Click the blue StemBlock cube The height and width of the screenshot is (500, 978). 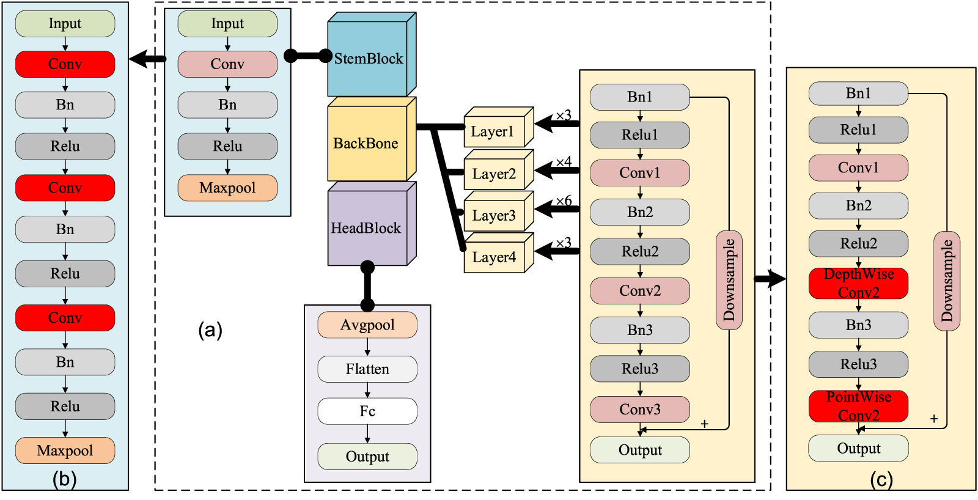(x=368, y=59)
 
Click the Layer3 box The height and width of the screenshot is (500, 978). (x=494, y=216)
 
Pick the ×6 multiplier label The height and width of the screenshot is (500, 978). (x=564, y=201)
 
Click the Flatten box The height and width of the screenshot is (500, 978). (x=367, y=369)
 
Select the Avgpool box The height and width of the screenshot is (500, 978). (x=367, y=325)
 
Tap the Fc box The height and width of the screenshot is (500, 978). (x=367, y=411)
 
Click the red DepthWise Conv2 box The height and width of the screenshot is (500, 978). (x=858, y=283)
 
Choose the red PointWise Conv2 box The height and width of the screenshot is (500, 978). (x=858, y=406)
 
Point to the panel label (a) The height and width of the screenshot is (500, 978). (x=210, y=330)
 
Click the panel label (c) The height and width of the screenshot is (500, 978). (x=881, y=480)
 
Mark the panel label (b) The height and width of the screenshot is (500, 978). (x=65, y=479)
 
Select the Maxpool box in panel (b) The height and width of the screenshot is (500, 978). (x=65, y=450)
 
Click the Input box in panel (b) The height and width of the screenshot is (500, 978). (x=65, y=24)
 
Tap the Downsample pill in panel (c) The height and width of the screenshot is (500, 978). (x=947, y=281)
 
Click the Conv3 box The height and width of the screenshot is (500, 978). (x=640, y=410)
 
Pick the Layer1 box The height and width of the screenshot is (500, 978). (x=493, y=131)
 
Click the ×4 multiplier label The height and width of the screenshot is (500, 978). (x=564, y=162)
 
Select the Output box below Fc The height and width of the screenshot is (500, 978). (x=367, y=457)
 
